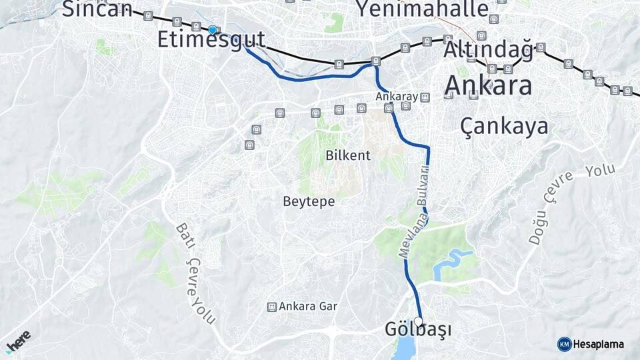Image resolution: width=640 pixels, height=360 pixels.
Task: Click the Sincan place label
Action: [97, 9]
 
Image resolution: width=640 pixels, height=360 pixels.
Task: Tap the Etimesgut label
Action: [211, 39]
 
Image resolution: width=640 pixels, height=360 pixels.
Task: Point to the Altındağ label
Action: [488, 50]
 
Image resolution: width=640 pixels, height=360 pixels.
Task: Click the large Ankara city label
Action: [488, 85]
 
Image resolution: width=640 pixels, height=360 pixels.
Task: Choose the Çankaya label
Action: [504, 126]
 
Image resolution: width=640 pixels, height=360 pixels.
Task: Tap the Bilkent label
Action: [348, 155]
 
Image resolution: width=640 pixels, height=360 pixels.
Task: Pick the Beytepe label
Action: [309, 201]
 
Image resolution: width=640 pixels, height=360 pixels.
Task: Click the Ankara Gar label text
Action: [308, 307]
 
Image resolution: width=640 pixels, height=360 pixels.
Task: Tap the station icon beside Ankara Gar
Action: [271, 307]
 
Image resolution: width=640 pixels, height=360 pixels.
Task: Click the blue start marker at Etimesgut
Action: [213, 29]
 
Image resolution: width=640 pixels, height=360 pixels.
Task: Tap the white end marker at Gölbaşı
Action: [418, 321]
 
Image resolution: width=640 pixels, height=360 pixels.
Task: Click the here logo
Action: [18, 339]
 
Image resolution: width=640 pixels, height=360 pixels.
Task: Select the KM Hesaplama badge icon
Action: [564, 344]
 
